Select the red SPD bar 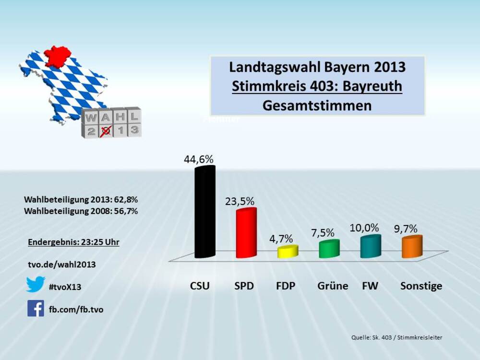point(246,234)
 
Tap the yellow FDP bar point(288,252)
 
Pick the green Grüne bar point(329,249)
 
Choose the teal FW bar point(370,246)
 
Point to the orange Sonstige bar point(412,247)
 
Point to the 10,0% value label point(364,228)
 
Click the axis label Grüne point(333,287)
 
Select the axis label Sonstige point(421,287)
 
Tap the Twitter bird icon point(36,284)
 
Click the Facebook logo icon point(36,308)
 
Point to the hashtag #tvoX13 point(65,287)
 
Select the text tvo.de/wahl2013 point(62,264)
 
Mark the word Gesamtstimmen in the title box point(317,106)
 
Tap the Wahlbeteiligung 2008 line point(81,211)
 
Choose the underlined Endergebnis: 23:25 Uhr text point(73,242)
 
